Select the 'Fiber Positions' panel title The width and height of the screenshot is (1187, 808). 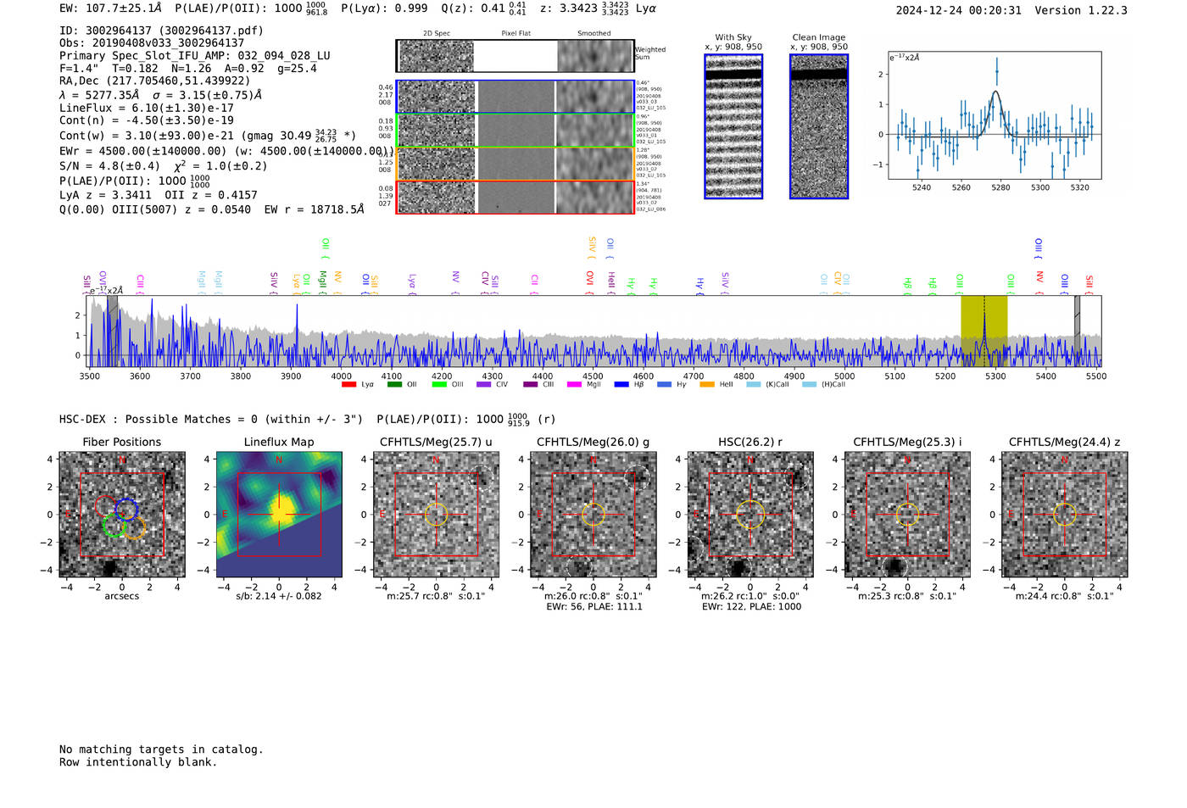(x=121, y=442)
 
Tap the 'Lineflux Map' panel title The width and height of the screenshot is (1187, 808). (x=279, y=442)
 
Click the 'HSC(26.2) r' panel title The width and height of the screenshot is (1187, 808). (x=750, y=442)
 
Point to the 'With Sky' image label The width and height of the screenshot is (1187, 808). (x=733, y=37)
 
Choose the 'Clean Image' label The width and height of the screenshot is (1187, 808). (x=818, y=37)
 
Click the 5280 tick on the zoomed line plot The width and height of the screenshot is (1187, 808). (x=1000, y=187)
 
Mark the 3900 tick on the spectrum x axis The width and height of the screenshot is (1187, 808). (x=291, y=376)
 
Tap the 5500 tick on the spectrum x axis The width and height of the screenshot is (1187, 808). (x=1095, y=376)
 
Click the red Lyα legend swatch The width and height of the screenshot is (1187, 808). (x=348, y=385)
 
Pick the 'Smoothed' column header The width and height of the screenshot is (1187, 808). (x=593, y=34)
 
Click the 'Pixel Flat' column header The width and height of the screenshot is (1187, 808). (x=515, y=34)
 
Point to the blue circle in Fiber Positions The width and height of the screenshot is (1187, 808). (x=126, y=510)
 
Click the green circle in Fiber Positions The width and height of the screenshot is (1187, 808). (x=113, y=525)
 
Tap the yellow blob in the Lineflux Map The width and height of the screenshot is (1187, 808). (x=279, y=511)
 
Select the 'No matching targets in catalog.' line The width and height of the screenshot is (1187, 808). (x=161, y=749)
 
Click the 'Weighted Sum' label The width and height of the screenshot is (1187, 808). (x=649, y=53)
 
